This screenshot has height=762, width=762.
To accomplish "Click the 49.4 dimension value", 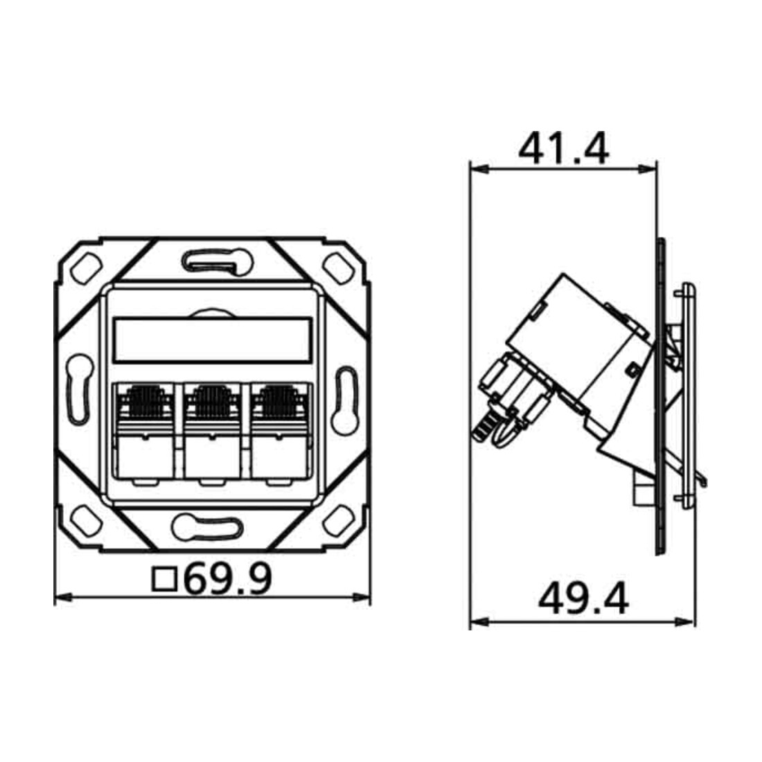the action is click(584, 599).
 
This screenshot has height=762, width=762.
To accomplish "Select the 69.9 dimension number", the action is click(229, 578).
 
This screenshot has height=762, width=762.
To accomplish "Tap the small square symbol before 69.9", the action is click(164, 579).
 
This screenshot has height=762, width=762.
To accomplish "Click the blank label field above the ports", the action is click(212, 339).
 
